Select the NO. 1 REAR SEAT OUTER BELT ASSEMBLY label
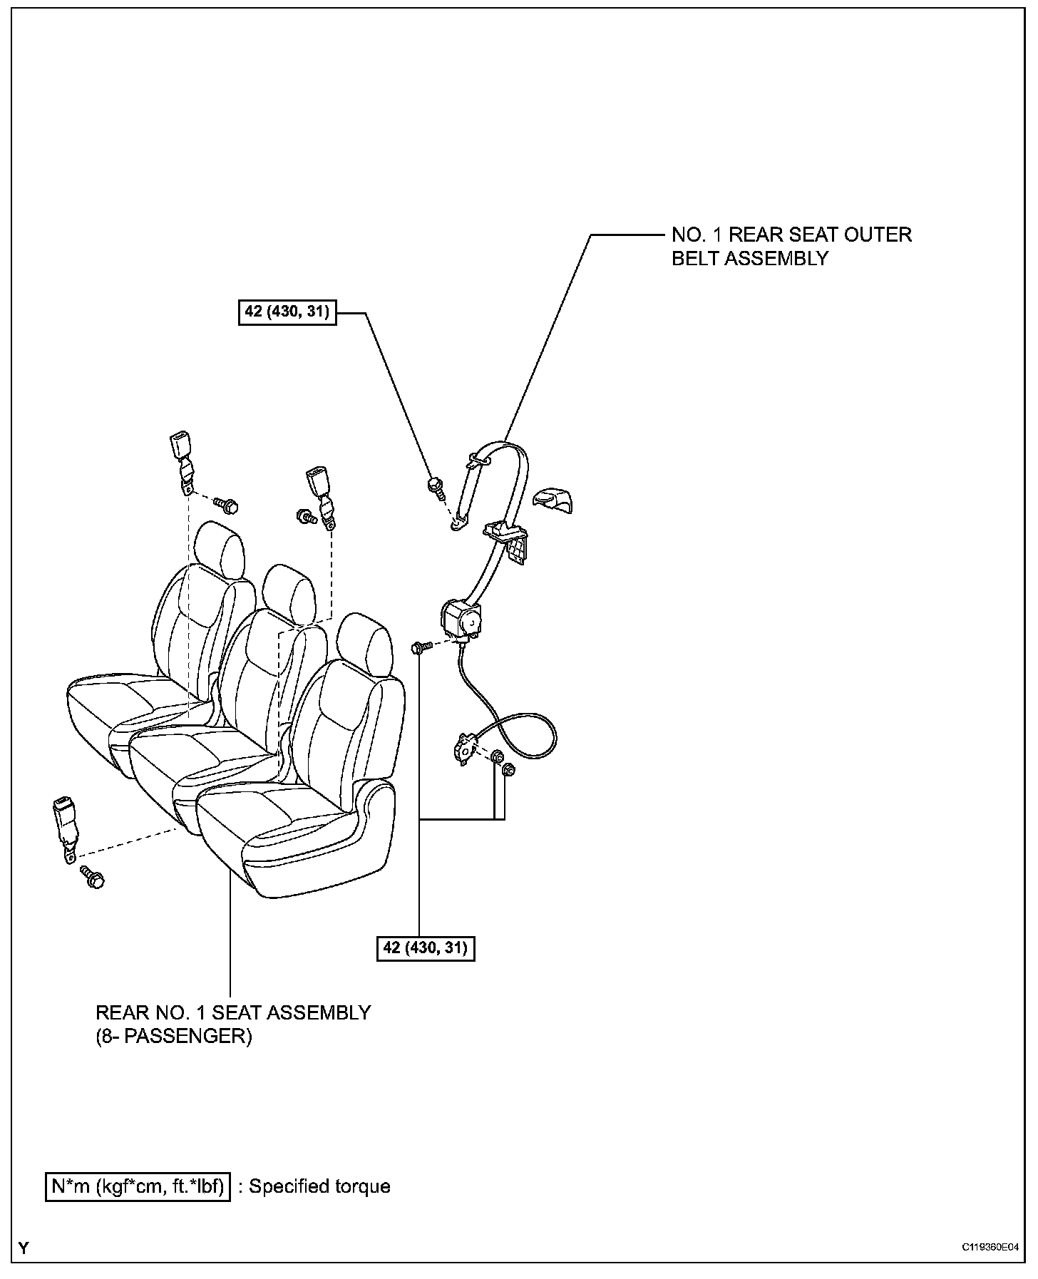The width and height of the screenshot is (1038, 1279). tap(791, 246)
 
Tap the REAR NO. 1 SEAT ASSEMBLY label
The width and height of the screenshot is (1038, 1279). tap(233, 1024)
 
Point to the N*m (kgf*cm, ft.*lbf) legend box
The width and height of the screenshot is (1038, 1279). tap(138, 1186)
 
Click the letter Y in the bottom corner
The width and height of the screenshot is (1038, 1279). tap(25, 1248)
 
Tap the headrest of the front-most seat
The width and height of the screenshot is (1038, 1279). tap(365, 644)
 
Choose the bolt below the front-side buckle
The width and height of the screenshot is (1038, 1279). tap(93, 878)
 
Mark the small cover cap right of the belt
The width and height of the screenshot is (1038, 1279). tap(554, 500)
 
